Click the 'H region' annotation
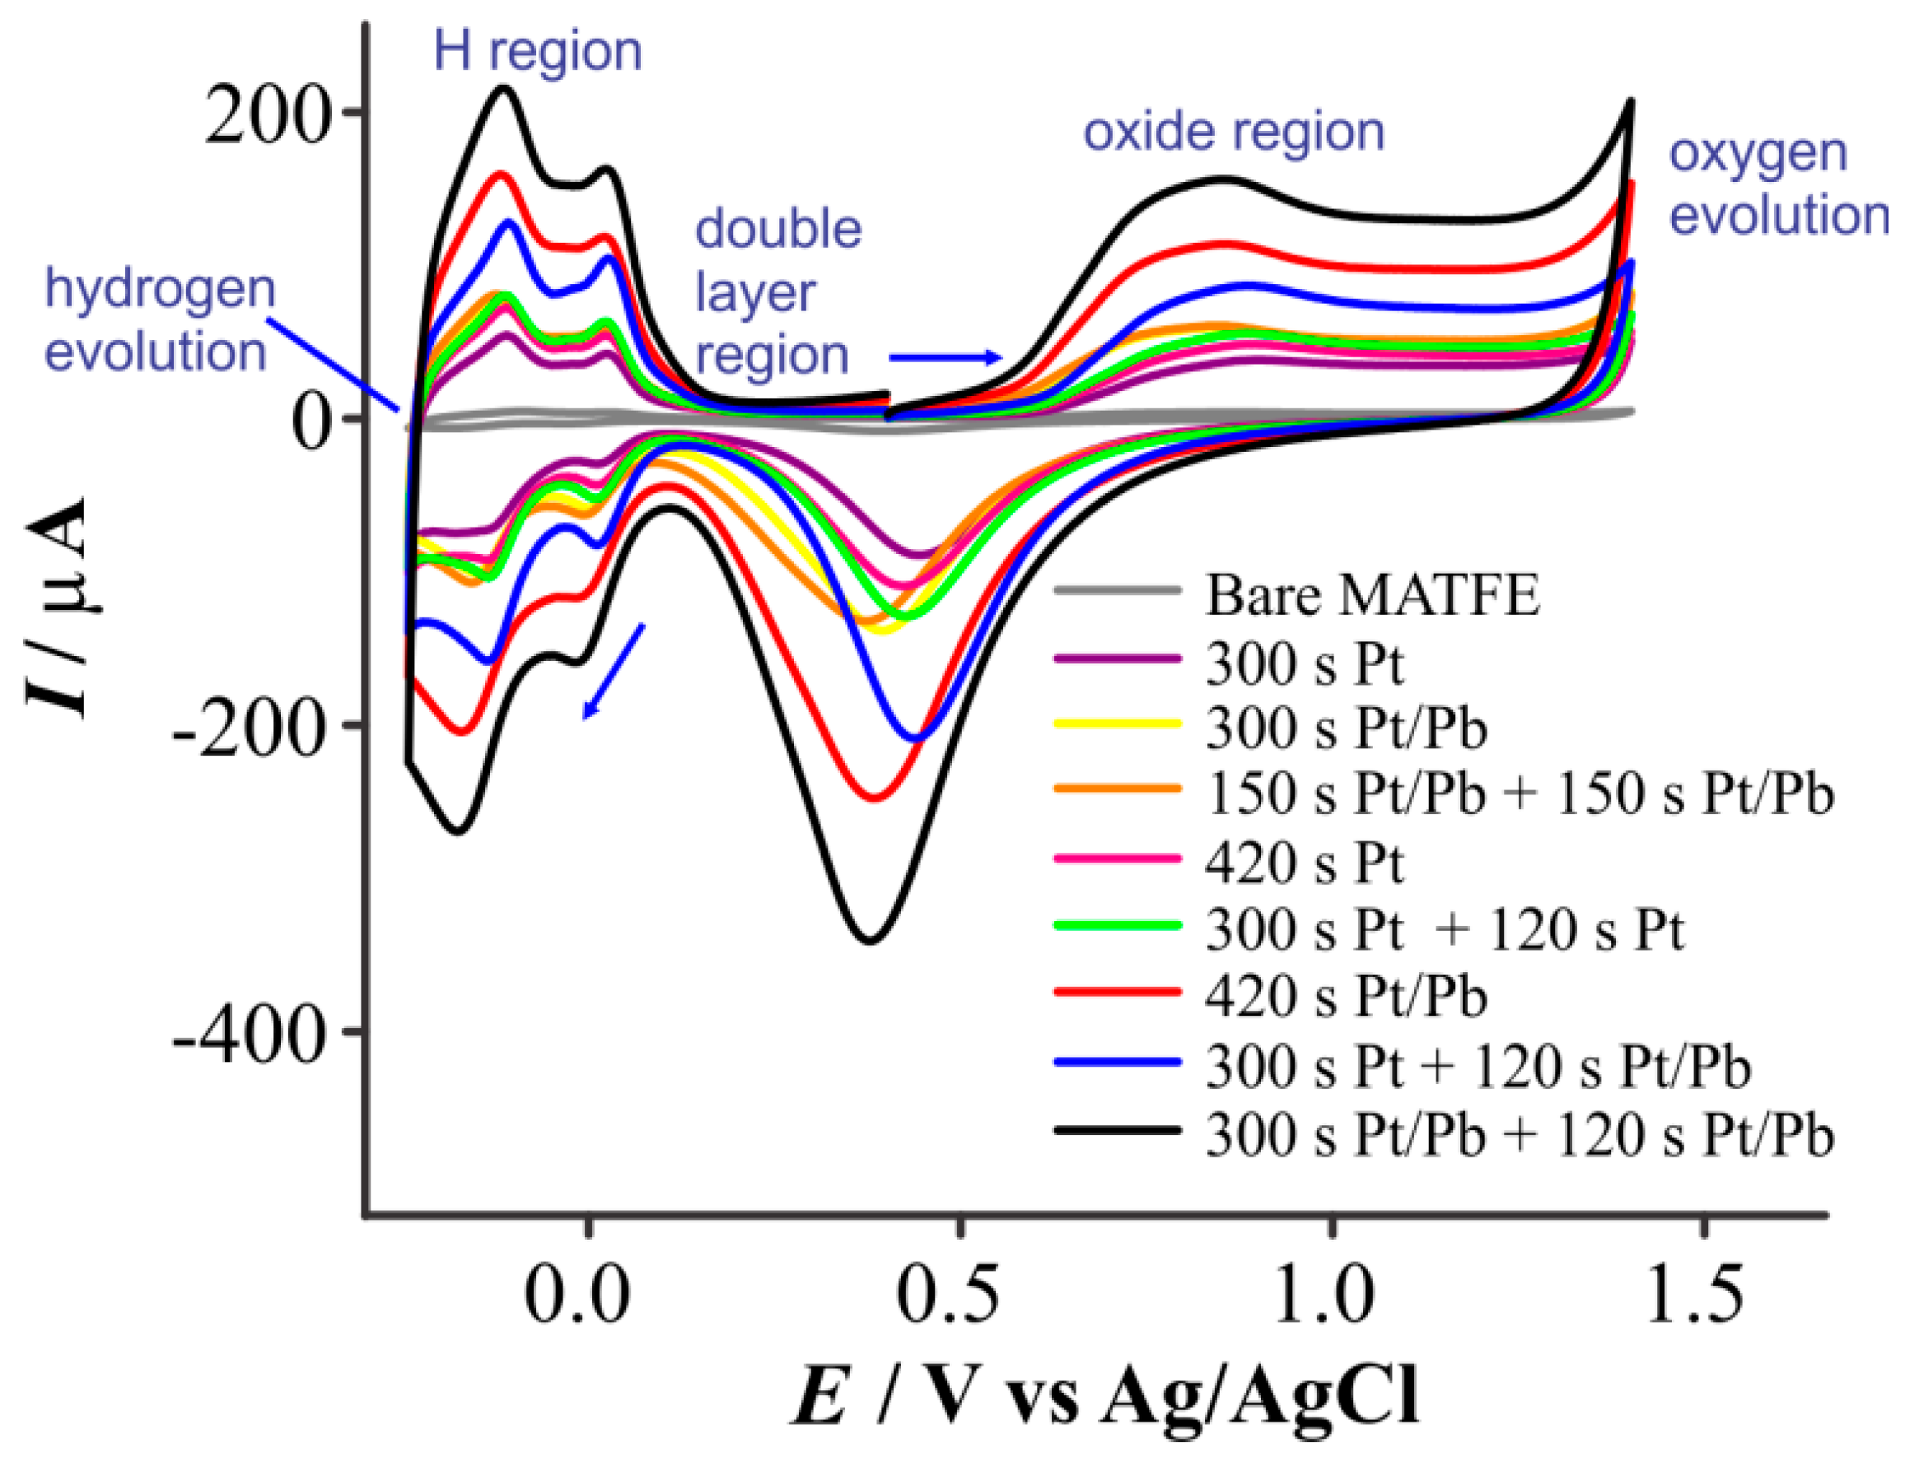coord(538,52)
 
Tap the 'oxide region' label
coord(1234,133)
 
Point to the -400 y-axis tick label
coord(251,1035)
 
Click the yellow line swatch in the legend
coord(1118,724)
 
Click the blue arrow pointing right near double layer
coord(945,357)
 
